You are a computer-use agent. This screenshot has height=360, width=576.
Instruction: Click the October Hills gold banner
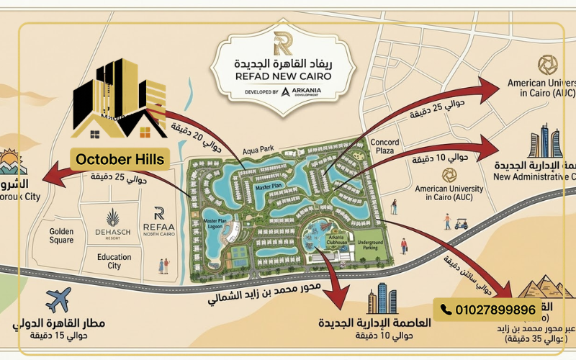point(120,159)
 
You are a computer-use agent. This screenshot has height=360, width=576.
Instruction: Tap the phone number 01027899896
point(495,310)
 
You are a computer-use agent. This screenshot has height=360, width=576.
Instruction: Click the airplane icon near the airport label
point(58,300)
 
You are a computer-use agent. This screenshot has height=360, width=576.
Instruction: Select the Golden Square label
point(62,236)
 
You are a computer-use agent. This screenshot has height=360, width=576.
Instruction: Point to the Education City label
point(114,260)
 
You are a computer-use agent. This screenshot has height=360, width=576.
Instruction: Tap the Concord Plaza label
point(384,147)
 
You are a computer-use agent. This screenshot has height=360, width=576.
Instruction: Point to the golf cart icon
point(461,224)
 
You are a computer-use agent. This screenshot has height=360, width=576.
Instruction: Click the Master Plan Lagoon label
point(215,225)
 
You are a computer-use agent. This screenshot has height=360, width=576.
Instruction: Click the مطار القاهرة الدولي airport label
point(60,323)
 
